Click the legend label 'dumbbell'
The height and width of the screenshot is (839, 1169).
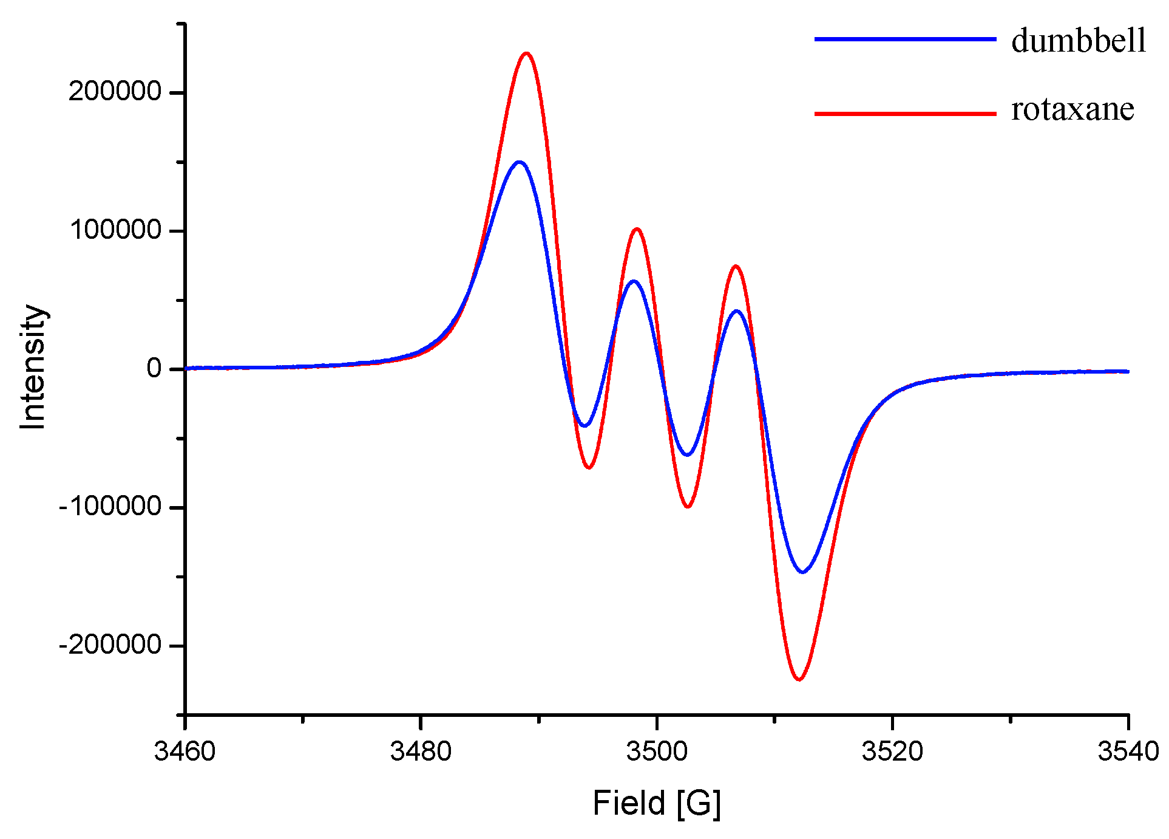click(1079, 41)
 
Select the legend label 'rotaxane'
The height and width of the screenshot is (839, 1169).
click(1072, 109)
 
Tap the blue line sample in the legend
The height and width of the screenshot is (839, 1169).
click(905, 39)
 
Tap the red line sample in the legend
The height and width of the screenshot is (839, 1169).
click(905, 114)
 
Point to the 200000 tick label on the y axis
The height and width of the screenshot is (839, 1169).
click(115, 92)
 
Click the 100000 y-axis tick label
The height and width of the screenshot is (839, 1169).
click(115, 230)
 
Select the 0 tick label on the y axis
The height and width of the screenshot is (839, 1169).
click(154, 368)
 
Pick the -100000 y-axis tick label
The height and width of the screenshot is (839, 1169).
click(110, 506)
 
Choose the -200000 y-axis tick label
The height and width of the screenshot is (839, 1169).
click(110, 645)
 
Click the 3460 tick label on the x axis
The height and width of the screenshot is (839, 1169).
click(185, 752)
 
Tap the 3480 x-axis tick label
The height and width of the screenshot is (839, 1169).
click(421, 752)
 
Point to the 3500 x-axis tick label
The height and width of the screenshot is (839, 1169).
click(657, 752)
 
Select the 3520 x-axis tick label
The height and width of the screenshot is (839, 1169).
click(892, 752)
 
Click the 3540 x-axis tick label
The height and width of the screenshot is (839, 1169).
click(1128, 752)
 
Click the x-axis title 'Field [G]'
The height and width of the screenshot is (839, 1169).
click(657, 803)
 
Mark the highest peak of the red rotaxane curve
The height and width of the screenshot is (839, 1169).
click(526, 53)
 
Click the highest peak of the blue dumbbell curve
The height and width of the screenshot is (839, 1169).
click(519, 162)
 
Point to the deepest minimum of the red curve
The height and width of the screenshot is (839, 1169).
click(799, 679)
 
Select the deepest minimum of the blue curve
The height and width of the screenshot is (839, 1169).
click(802, 572)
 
